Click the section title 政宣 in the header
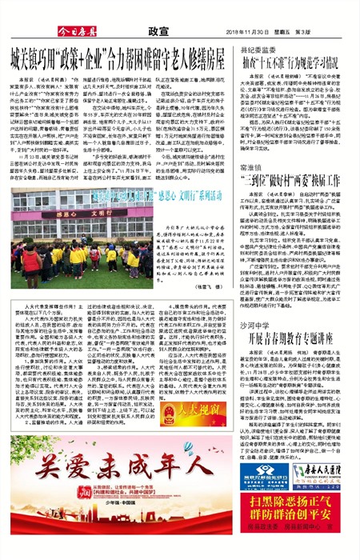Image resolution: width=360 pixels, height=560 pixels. click(x=157, y=27)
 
